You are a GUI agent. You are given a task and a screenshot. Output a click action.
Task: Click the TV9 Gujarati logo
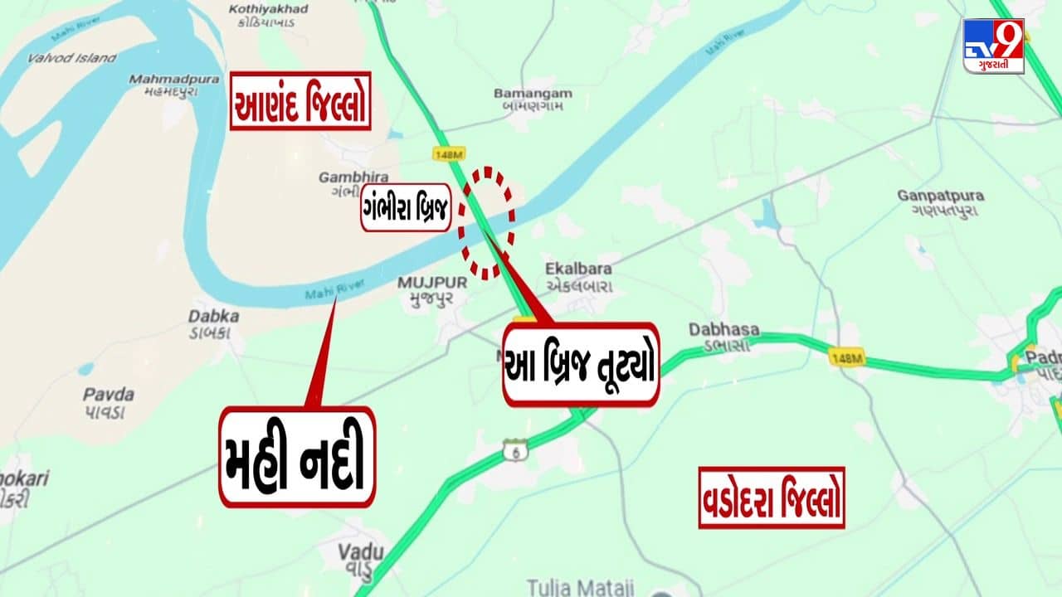pyautogui.click(x=993, y=46)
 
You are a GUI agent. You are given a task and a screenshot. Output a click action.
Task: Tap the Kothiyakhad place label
pyautogui.click(x=268, y=16)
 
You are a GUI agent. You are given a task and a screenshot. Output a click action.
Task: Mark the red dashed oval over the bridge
pyautogui.click(x=488, y=221)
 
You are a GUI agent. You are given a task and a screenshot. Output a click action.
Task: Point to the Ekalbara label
pyautogui.click(x=578, y=276)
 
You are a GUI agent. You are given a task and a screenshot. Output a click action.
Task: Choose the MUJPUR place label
pyautogui.click(x=431, y=289)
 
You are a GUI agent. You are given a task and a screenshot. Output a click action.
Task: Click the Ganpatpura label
pyautogui.click(x=940, y=203)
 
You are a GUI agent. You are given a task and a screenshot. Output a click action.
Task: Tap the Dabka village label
pyautogui.click(x=213, y=323)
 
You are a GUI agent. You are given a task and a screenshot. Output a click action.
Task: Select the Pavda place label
pyautogui.click(x=108, y=402)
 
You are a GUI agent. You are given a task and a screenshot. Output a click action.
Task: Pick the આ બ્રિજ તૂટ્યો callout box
pyautogui.click(x=581, y=365)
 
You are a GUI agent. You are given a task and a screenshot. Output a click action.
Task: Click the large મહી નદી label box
pyautogui.click(x=297, y=457)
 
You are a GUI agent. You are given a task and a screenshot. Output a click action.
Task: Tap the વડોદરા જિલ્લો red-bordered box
pyautogui.click(x=771, y=498)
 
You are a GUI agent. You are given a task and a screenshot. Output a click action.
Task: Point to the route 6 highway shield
pyautogui.click(x=514, y=450)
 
